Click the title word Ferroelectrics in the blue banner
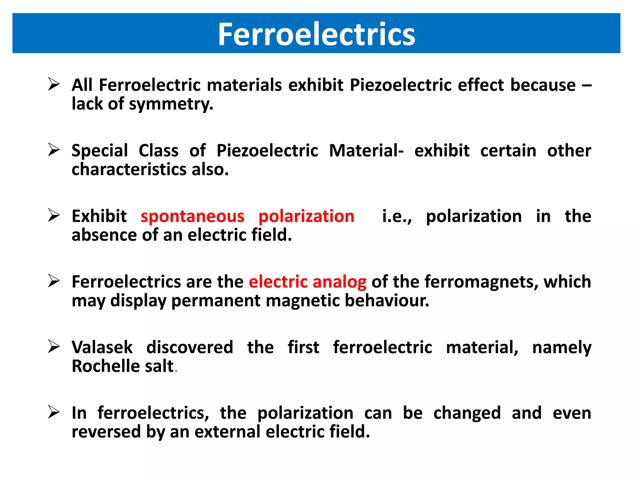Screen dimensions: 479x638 click(x=316, y=34)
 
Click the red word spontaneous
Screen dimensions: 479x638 click(x=192, y=216)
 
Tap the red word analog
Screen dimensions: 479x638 click(x=339, y=282)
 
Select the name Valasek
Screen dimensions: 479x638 click(x=102, y=347)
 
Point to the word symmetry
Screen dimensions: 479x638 click(x=171, y=104)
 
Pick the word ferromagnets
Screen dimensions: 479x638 click(x=481, y=282)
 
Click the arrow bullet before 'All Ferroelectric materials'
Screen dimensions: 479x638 click(x=54, y=84)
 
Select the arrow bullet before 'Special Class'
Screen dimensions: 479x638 click(x=54, y=150)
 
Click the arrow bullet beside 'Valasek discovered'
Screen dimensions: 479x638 click(x=54, y=346)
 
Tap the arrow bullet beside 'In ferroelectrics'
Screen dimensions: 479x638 click(x=54, y=412)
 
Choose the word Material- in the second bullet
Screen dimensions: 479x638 click(x=366, y=151)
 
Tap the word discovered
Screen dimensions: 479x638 click(x=190, y=347)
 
